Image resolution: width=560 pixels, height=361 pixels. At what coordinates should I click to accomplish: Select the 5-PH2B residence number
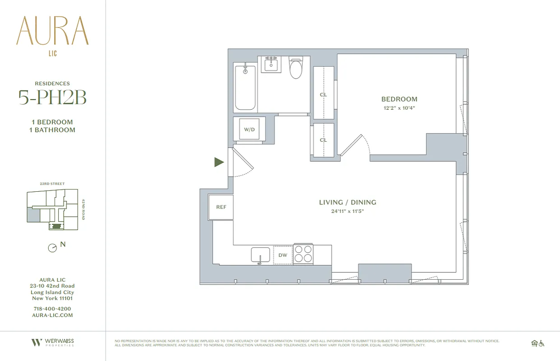52,97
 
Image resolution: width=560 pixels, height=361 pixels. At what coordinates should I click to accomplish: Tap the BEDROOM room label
399,99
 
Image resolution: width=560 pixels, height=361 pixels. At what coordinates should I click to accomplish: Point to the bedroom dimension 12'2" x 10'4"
399,108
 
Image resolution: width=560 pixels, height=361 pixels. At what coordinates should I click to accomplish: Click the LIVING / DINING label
347,203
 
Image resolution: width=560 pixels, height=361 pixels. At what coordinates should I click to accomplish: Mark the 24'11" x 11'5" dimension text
347,211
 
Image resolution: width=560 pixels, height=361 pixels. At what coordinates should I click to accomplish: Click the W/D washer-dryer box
250,130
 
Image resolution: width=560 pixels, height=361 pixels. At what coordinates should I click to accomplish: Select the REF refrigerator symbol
221,207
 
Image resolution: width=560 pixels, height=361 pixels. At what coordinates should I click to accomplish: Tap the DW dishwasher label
283,255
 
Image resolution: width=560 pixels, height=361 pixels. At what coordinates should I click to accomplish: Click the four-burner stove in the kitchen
303,254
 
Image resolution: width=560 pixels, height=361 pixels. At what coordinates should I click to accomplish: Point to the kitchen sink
260,255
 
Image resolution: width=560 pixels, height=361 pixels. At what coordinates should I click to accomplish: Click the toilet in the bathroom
296,68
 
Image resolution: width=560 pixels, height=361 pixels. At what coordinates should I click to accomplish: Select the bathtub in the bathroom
245,88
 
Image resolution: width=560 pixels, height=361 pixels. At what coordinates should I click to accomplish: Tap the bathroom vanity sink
272,65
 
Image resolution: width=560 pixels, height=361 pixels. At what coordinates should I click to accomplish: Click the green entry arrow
219,162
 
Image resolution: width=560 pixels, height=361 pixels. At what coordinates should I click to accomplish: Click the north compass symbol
53,248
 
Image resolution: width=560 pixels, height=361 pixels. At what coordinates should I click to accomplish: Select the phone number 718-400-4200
52,309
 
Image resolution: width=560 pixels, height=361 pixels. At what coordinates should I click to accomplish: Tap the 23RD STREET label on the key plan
52,184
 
